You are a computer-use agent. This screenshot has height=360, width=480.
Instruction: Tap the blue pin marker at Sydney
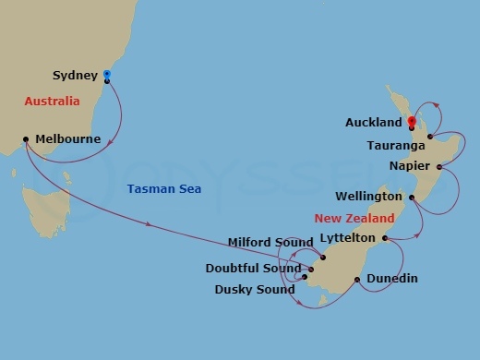click(x=107, y=75)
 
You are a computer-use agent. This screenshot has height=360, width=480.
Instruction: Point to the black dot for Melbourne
click(x=26, y=140)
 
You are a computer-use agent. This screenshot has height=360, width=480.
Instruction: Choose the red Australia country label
click(x=53, y=101)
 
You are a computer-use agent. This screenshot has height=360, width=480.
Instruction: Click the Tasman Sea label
click(x=163, y=189)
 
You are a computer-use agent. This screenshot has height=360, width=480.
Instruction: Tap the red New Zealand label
click(x=354, y=219)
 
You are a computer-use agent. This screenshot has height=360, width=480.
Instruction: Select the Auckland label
click(x=373, y=122)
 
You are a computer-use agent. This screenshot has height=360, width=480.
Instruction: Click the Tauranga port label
click(x=396, y=146)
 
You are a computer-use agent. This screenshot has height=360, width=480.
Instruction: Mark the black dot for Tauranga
click(x=430, y=138)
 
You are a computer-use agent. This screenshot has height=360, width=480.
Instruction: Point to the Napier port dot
click(x=439, y=167)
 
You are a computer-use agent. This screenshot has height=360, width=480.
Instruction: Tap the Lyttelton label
click(x=346, y=238)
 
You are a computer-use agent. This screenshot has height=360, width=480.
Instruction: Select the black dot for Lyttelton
click(x=384, y=238)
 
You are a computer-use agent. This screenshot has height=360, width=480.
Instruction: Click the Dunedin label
click(x=391, y=278)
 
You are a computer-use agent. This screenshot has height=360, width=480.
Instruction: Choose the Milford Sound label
click(x=270, y=243)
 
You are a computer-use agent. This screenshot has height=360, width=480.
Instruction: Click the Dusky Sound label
click(x=254, y=289)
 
